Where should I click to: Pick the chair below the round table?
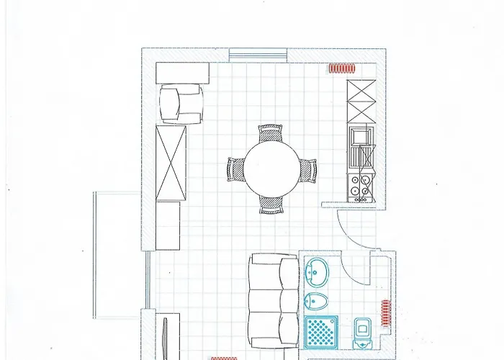(271, 205)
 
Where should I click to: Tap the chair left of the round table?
(235, 170)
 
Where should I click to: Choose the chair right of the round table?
(307, 170)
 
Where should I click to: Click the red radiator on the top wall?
(343, 69)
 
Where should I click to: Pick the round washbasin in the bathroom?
(317, 272)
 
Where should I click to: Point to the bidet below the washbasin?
(315, 300)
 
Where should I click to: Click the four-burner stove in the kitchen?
(360, 186)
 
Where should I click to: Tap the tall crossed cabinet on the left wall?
(171, 163)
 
